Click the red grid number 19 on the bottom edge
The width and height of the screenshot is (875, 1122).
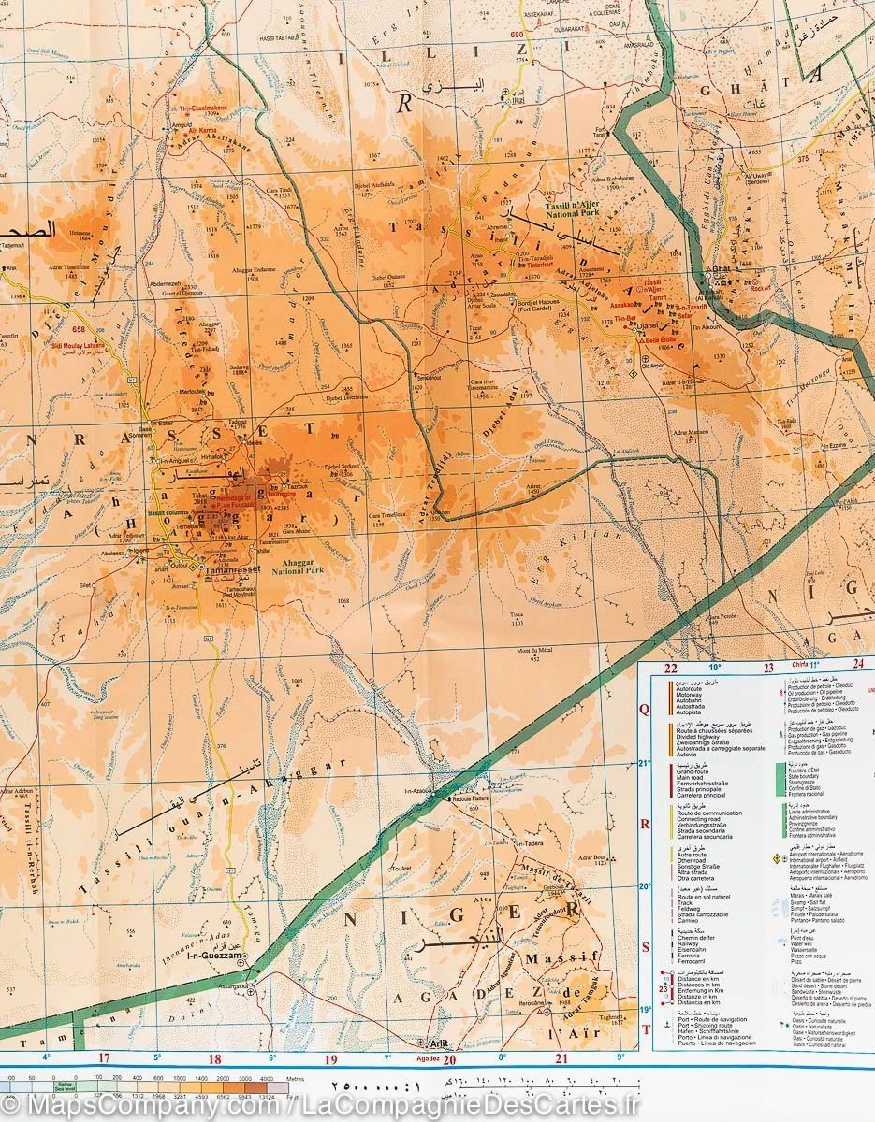[x=330, y=1059]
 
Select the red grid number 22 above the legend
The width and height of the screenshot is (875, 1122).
[x=670, y=668]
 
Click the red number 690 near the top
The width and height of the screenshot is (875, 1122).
[x=516, y=35]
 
